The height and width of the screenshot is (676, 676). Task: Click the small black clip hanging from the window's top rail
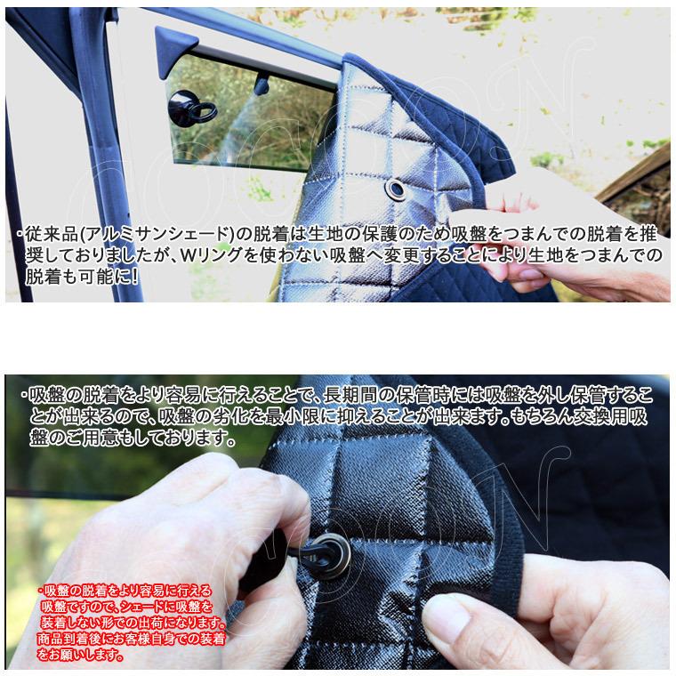click(260, 84)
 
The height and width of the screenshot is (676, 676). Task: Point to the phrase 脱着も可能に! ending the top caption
click(82, 277)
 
